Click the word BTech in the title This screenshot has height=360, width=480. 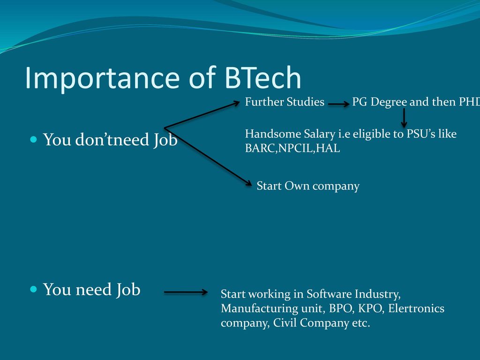[x=263, y=77]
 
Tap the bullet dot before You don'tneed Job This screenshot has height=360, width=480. [x=34, y=140]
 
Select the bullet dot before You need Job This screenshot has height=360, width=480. [x=34, y=289]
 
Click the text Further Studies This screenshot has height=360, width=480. [x=285, y=102]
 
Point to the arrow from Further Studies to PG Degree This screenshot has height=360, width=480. [x=338, y=104]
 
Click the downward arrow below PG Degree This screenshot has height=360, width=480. [x=404, y=118]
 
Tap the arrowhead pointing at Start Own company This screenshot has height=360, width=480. [x=248, y=183]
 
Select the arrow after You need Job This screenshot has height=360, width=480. [x=186, y=292]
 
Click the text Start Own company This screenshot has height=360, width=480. [x=308, y=186]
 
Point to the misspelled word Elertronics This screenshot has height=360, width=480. [x=416, y=308]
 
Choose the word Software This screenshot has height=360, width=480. [x=329, y=294]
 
